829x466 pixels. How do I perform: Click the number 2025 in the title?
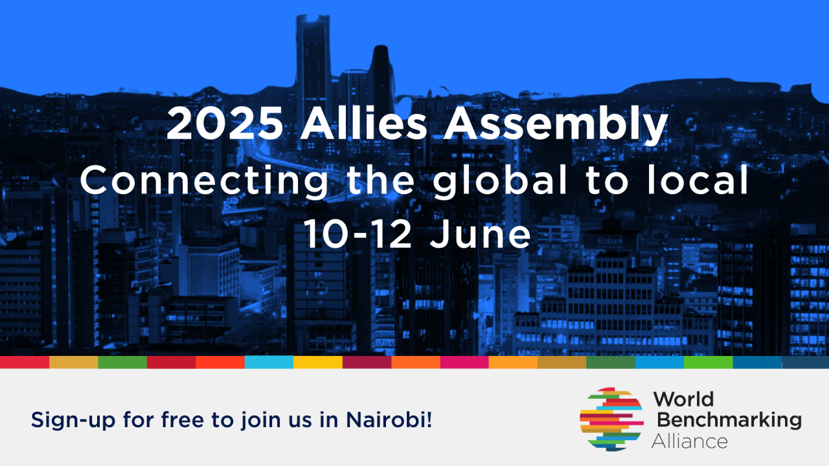(x=225, y=125)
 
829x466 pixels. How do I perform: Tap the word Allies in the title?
(x=363, y=125)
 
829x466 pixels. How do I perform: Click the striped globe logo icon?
(x=611, y=419)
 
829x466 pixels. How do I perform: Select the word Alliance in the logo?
(x=690, y=441)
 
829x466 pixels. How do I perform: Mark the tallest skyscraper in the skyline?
(x=313, y=58)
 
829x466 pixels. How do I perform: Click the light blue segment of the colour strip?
(x=269, y=362)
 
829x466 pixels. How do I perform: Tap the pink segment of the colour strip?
(x=464, y=362)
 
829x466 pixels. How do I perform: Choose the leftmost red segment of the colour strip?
(x=25, y=362)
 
